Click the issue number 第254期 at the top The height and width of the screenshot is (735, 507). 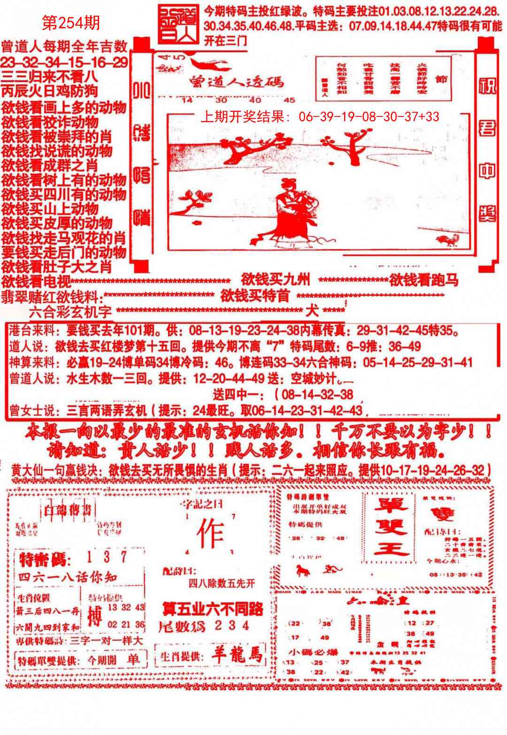[x=71, y=23]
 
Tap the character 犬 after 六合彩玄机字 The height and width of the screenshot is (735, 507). [x=311, y=310]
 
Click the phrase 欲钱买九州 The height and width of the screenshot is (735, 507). [x=276, y=280]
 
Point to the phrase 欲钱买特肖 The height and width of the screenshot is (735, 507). [x=255, y=296]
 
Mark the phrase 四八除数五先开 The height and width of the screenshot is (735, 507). [x=222, y=583]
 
